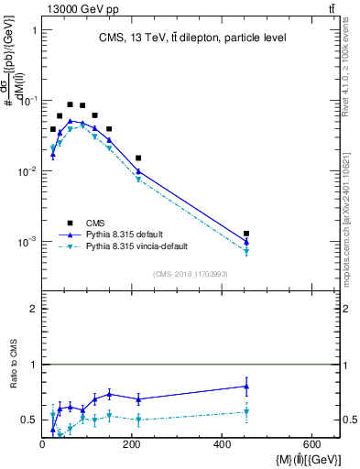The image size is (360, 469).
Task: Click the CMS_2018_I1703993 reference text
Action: coord(191,274)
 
